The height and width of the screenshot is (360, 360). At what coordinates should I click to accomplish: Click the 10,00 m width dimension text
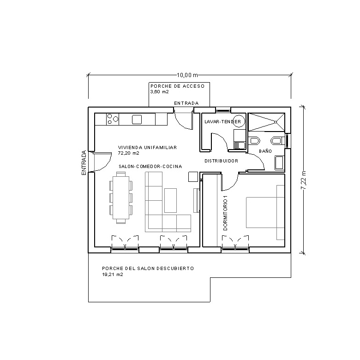pos(187,75)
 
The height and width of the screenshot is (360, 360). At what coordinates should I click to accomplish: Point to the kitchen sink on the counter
pos(137,120)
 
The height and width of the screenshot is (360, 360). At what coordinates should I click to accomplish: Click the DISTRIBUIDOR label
pos(221,161)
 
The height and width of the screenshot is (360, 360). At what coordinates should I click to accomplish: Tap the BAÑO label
pos(265,151)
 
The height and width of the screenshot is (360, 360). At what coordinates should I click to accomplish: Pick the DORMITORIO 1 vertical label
pos(226,212)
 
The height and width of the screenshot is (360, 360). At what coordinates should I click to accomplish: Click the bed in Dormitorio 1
pos(264,213)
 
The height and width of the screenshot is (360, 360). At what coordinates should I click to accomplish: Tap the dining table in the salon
pos(121,197)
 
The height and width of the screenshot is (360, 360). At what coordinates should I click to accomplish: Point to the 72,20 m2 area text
pos(125,152)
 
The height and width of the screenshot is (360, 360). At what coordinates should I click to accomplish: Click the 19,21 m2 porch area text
pos(112,275)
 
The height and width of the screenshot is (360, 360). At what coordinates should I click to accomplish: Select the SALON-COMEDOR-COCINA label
pos(150,166)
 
